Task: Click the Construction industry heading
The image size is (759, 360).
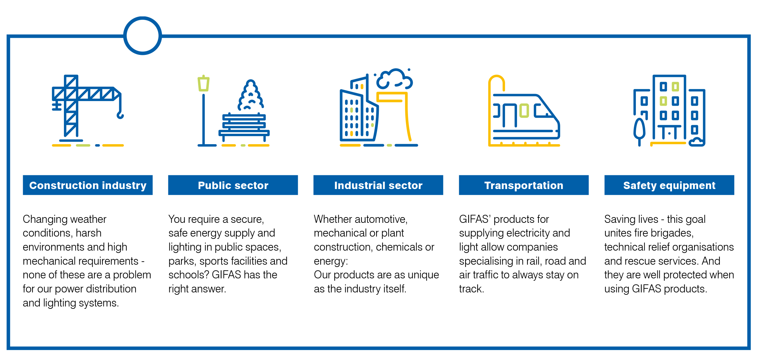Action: [x=88, y=185]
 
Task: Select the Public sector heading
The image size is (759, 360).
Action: [x=233, y=185]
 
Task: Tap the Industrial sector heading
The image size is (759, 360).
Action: [x=378, y=185]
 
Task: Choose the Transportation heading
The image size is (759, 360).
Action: [x=524, y=185]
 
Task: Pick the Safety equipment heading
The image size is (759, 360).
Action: [x=669, y=185]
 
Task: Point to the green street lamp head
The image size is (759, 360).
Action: [x=203, y=83]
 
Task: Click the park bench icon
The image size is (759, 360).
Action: [x=244, y=127]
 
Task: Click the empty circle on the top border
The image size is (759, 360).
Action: [x=143, y=36]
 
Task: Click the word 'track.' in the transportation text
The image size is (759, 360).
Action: [x=472, y=289]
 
